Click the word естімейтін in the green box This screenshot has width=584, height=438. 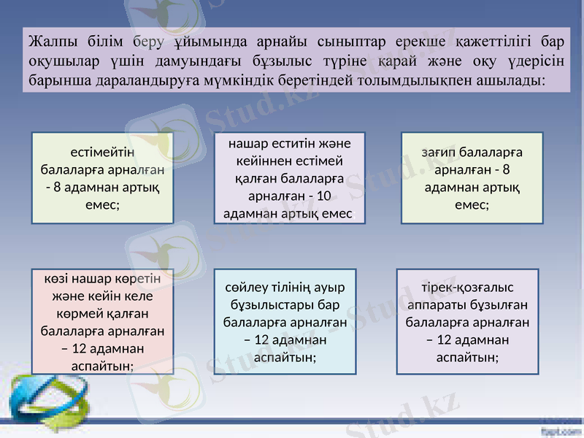tap(102, 153)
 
